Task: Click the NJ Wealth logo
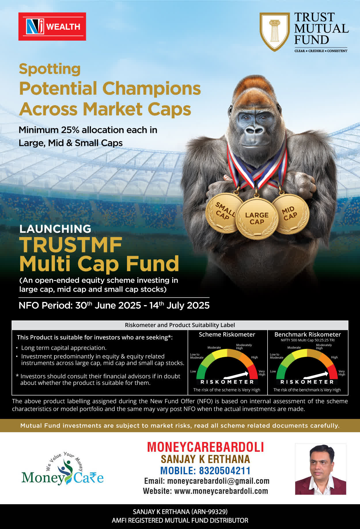point(52,27)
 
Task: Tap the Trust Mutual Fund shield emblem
point(275,32)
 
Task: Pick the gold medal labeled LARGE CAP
point(257,218)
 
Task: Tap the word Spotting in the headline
point(50,69)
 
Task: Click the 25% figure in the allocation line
point(70,130)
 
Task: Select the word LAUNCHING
point(55,229)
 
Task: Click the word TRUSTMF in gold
point(71,245)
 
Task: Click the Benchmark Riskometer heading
point(308,335)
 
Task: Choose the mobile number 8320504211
point(225,471)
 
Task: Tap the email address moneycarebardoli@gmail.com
point(218,481)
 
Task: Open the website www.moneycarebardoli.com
point(221,491)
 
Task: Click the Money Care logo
point(62,469)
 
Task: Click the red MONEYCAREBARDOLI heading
point(206,447)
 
